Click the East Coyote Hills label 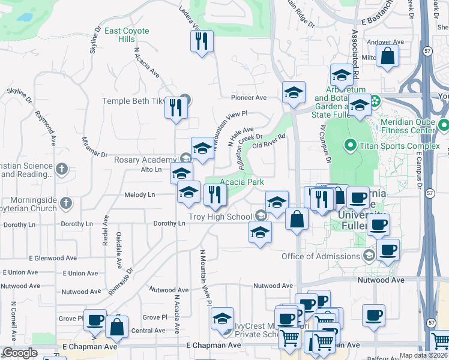click(x=127, y=35)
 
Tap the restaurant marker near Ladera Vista click(x=201, y=41)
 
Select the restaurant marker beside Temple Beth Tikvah click(x=176, y=108)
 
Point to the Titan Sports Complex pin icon click(x=350, y=145)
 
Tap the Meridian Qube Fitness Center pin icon click(x=444, y=126)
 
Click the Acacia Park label click(x=242, y=182)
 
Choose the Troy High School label click(x=220, y=216)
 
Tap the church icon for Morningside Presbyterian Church click(x=66, y=203)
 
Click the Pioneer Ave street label click(x=249, y=97)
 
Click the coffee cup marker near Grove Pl click(x=95, y=320)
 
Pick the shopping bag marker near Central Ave click(x=116, y=327)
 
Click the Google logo click(x=20, y=353)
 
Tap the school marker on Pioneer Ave click(x=294, y=92)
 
